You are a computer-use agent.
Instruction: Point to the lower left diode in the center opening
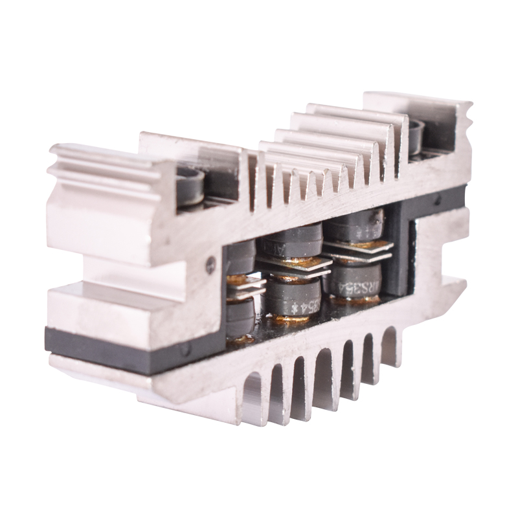click(x=241, y=317)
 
